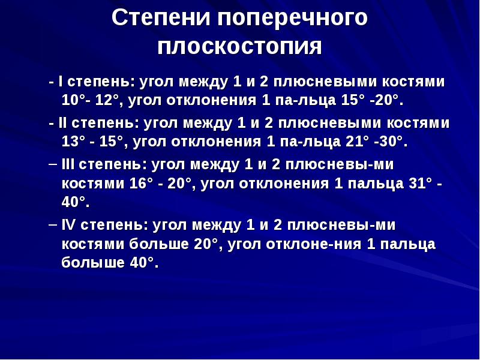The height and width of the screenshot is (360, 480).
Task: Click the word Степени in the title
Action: (x=159, y=17)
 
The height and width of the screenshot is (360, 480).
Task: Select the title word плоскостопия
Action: (x=240, y=47)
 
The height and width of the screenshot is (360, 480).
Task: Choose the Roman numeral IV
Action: (x=68, y=225)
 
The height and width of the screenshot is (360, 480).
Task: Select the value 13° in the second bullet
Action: (x=71, y=142)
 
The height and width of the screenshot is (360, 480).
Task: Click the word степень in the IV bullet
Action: (x=113, y=226)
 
